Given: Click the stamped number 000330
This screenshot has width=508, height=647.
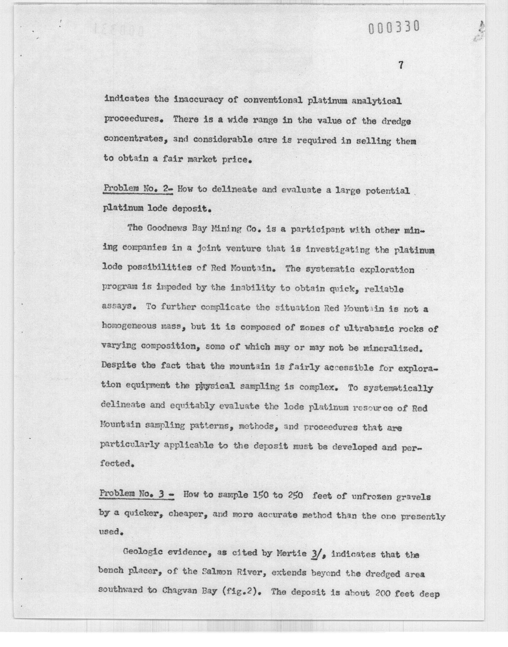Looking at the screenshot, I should (x=394, y=27).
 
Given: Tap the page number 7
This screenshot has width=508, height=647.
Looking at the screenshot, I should (x=401, y=65).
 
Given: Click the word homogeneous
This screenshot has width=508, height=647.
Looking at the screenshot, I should (x=129, y=326).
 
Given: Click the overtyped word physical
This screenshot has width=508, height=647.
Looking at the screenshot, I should (x=215, y=386).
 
